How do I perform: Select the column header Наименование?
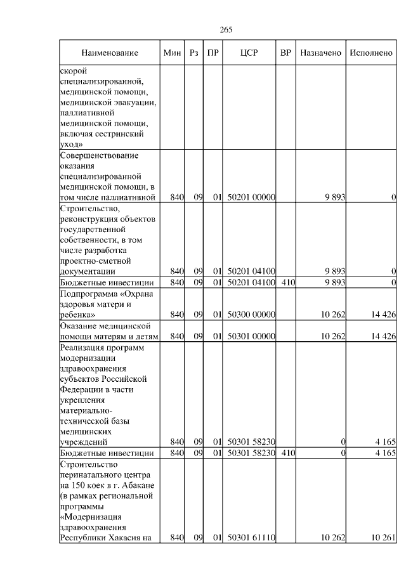pos(109,53)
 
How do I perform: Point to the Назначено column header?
pos(321,53)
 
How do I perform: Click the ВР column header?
pos(285,53)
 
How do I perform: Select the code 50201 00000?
pos(251,198)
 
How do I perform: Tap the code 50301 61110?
pos(251,538)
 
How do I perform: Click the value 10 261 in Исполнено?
pos(383,538)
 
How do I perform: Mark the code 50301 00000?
pos(251,336)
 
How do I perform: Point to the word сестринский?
pos(118,134)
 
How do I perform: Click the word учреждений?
pos(86,441)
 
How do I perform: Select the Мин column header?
pos(172,53)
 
